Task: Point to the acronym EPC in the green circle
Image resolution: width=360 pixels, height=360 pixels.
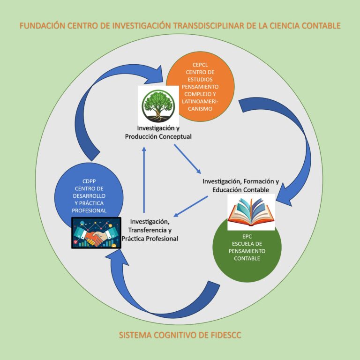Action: [x=247, y=237]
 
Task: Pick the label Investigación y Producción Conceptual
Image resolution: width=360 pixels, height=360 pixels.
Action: [x=158, y=132]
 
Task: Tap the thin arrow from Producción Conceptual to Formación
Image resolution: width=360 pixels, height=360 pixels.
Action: [x=187, y=159]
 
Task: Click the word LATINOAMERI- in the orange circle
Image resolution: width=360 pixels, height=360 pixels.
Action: [x=199, y=101]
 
